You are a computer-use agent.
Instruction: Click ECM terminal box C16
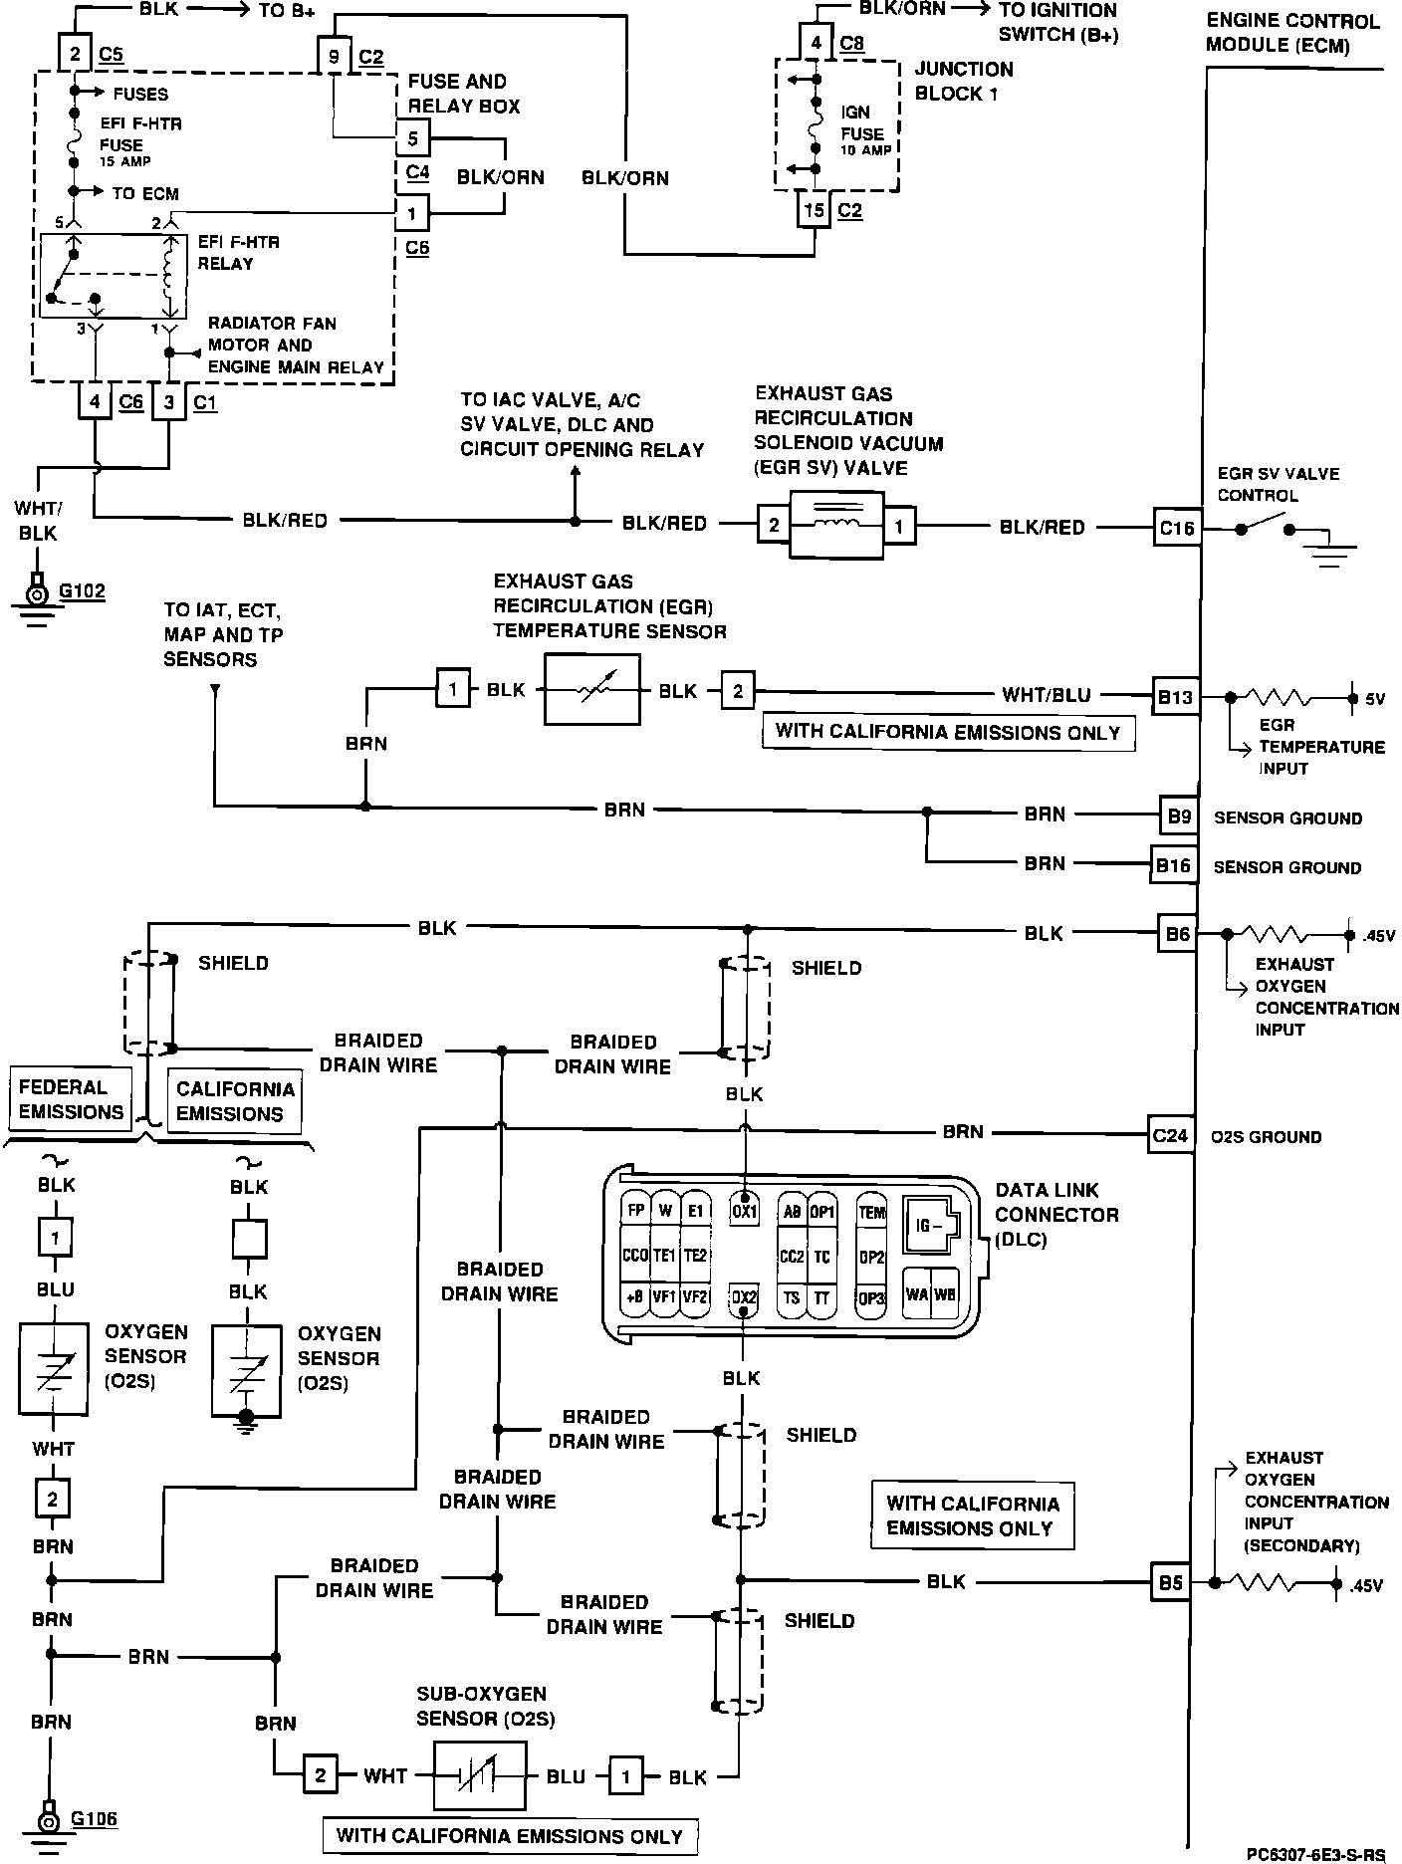[1176, 528]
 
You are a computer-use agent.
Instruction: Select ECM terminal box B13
[1175, 696]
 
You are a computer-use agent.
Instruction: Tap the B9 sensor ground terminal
[1178, 815]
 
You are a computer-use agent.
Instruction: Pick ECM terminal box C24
[1170, 1135]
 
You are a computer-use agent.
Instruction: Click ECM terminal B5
[1170, 1582]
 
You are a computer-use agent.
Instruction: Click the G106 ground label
[94, 1818]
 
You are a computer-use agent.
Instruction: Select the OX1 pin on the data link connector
[744, 1212]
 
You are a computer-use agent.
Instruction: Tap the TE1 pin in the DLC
[664, 1256]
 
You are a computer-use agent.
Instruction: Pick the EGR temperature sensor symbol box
[590, 690]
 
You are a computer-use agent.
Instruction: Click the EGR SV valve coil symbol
[835, 525]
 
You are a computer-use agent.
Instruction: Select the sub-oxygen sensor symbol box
[480, 1775]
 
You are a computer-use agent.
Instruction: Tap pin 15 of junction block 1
[815, 211]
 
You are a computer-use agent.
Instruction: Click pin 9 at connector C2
[334, 57]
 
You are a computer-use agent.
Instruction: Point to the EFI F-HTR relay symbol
[108, 276]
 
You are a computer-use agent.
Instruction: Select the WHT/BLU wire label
[1046, 695]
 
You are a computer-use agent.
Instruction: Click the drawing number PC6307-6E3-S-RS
[1314, 1854]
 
